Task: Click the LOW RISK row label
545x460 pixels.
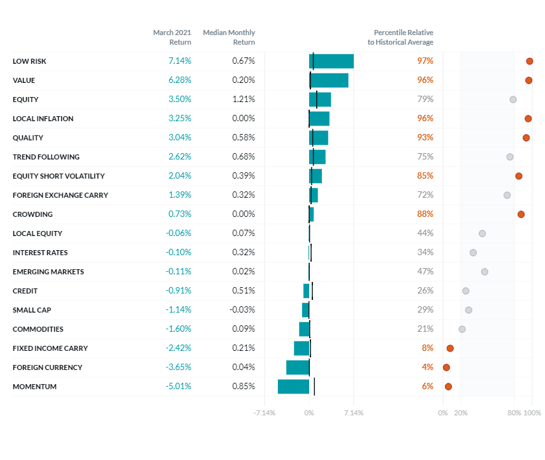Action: [29, 61]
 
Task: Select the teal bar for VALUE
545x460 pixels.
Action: [329, 80]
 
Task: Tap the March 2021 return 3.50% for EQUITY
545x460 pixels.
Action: [179, 100]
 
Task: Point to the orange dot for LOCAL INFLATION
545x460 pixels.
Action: [528, 119]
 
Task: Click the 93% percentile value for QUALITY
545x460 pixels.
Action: [425, 138]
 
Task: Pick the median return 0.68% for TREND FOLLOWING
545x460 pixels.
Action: [243, 157]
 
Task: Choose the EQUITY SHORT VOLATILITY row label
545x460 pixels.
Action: [59, 176]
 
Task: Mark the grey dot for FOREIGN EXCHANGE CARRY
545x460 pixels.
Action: [507, 195]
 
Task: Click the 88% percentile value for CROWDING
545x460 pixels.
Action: [425, 214]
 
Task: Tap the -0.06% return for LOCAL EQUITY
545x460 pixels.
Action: [178, 234]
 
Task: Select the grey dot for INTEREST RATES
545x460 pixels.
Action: [473, 253]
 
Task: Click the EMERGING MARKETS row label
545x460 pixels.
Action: [48, 272]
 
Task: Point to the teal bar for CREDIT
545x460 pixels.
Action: [306, 291]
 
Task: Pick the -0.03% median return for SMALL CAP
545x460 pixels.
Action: [242, 310]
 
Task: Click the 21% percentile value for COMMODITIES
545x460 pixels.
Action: [425, 329]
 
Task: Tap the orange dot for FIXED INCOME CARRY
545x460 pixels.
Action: [450, 348]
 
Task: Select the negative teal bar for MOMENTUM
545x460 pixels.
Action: [293, 387]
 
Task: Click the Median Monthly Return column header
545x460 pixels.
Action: [229, 37]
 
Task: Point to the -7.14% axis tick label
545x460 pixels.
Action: [265, 413]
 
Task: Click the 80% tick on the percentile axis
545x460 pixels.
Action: [514, 413]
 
